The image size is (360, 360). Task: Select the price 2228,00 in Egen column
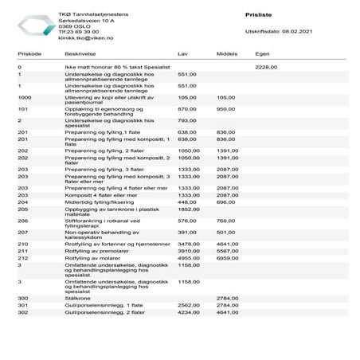[x=266, y=68]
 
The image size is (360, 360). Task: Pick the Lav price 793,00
[x=186, y=120]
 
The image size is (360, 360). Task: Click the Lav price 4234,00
[x=188, y=313]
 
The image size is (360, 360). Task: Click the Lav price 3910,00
[x=188, y=250]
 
